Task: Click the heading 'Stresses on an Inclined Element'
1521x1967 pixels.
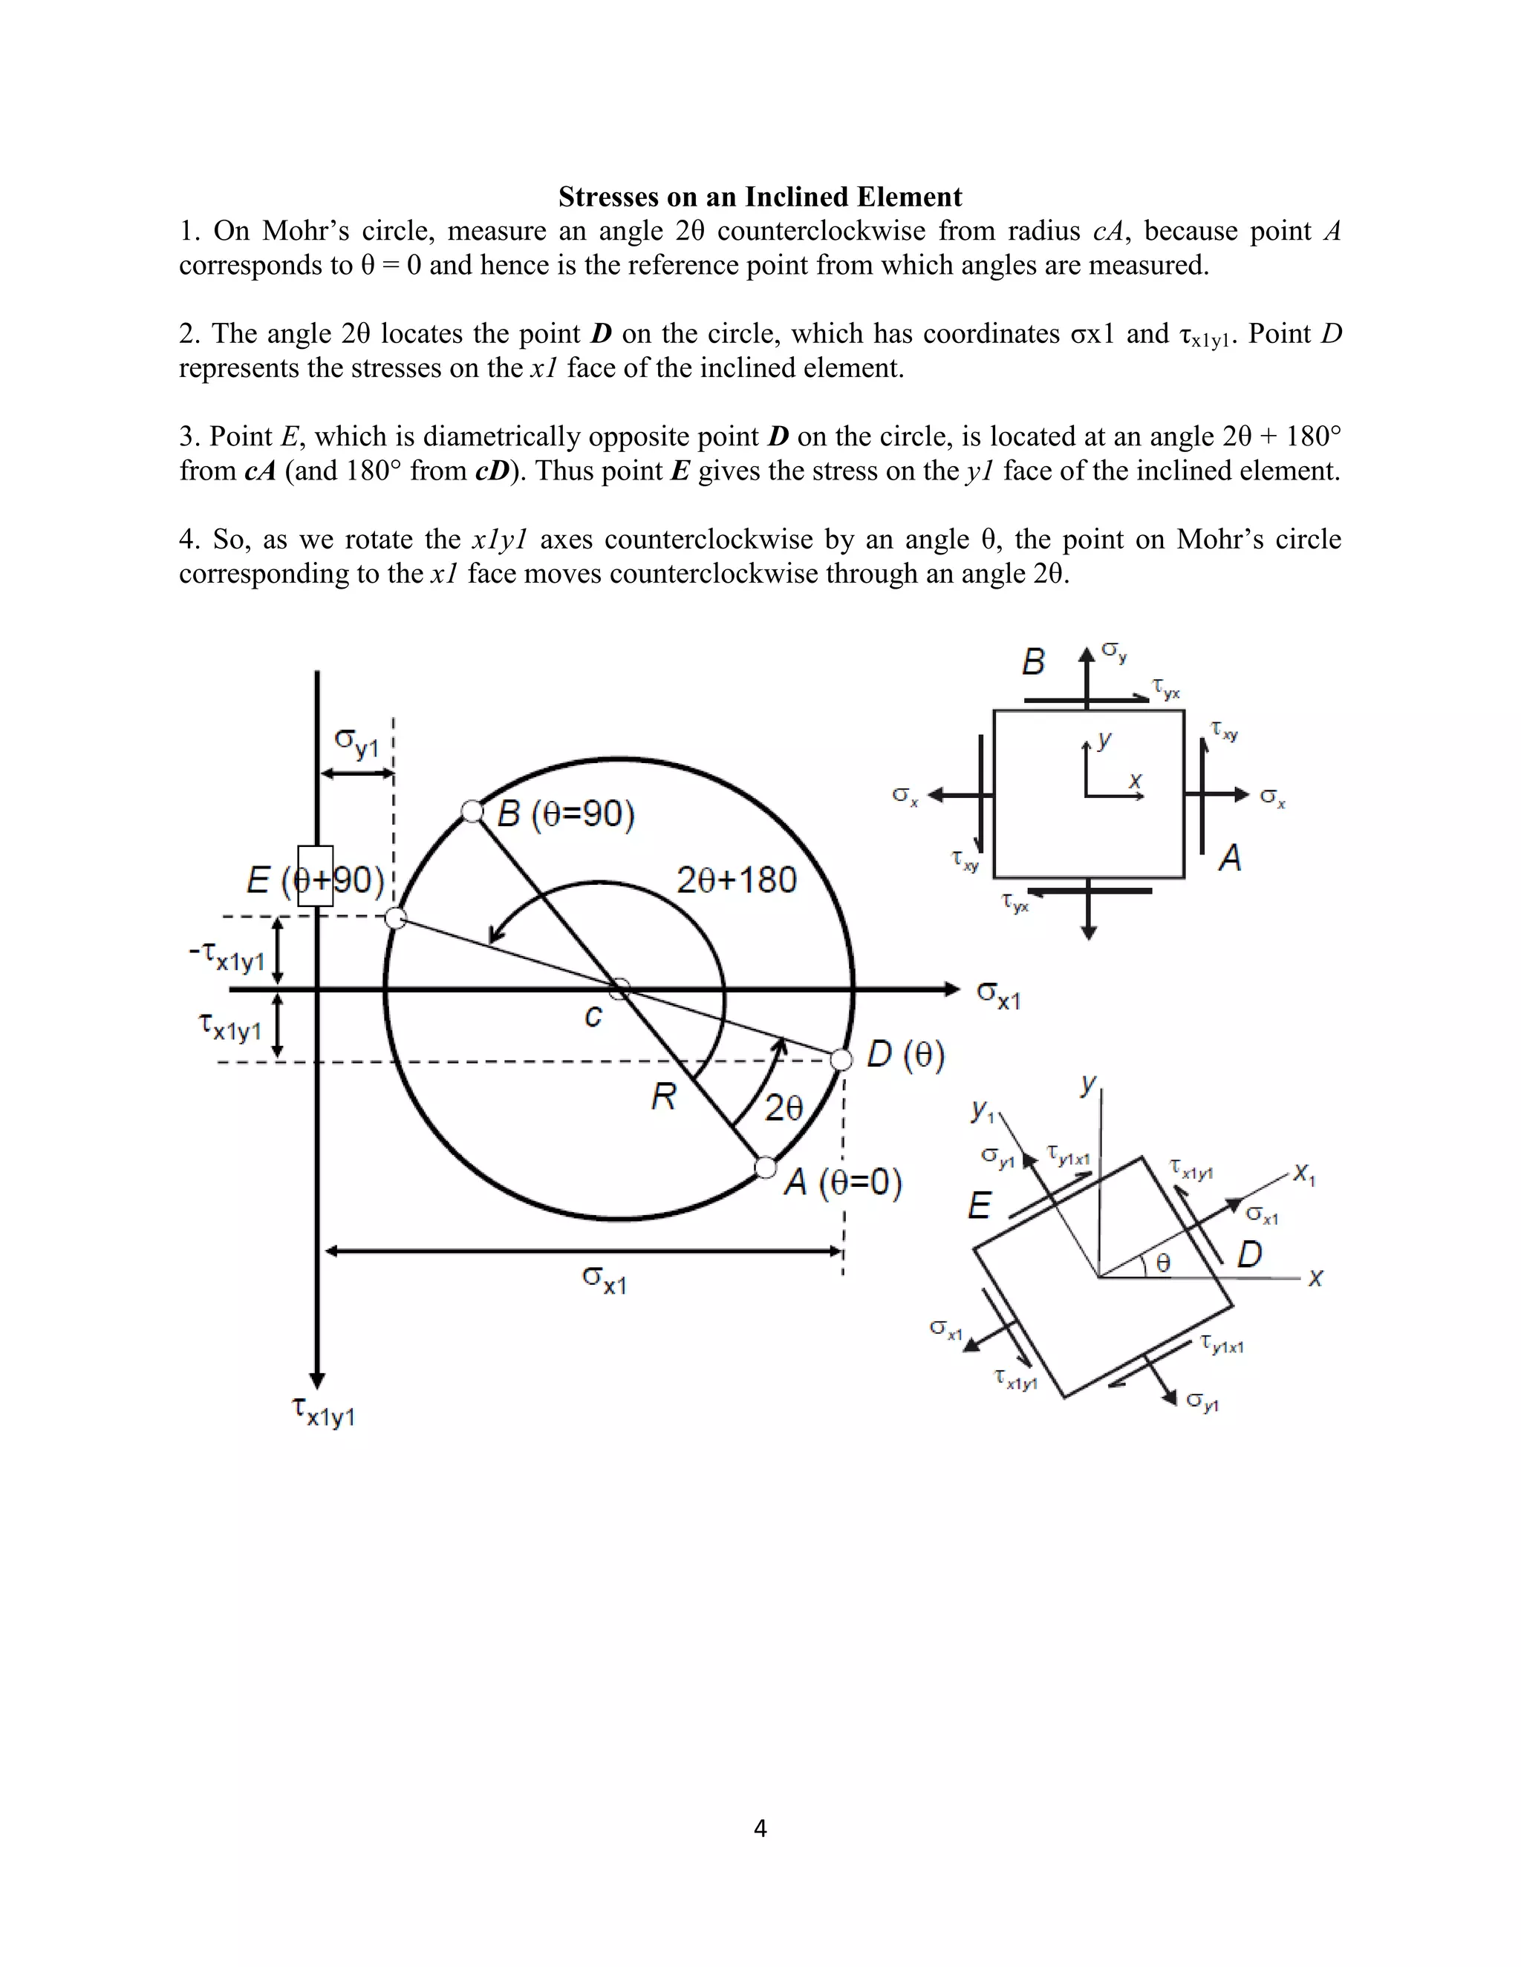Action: click(760, 197)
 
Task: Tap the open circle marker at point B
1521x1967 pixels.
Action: click(472, 811)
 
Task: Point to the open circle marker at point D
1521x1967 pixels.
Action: click(841, 1060)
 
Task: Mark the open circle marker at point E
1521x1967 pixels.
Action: click(396, 917)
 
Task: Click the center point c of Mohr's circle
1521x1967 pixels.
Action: click(619, 989)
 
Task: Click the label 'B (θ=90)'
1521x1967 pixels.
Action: click(566, 814)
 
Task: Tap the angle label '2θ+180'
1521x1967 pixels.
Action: click(736, 880)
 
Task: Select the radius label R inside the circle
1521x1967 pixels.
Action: click(663, 1097)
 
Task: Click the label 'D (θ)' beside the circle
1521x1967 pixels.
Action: click(905, 1055)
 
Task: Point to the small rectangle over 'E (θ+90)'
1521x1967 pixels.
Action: click(316, 875)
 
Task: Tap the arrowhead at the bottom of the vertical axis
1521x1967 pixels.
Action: click(316, 1380)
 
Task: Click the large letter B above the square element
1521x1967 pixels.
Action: click(1032, 662)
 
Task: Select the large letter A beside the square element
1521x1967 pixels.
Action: click(1230, 857)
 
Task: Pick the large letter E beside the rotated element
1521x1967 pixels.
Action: click(980, 1205)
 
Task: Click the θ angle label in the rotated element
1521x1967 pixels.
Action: click(1163, 1263)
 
